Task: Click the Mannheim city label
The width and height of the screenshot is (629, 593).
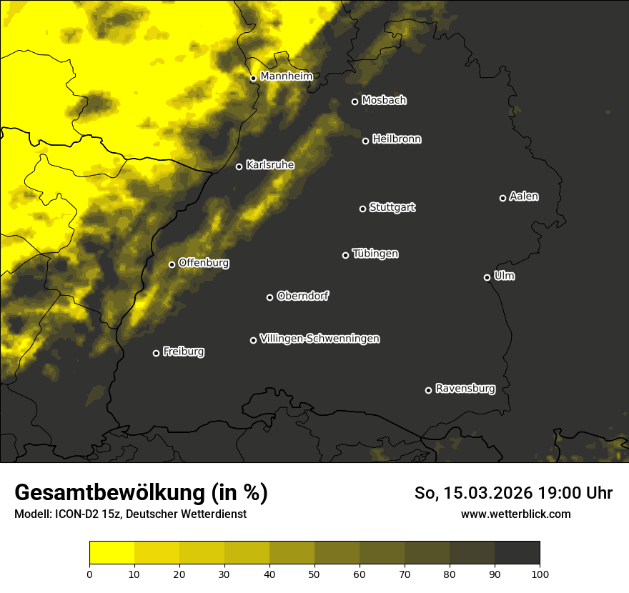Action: (286, 76)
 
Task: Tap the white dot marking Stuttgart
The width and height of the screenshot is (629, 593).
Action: (362, 209)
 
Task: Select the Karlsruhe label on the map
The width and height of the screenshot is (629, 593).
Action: (269, 165)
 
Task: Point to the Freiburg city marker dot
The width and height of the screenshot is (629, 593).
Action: (156, 353)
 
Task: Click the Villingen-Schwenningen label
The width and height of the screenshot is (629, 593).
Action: (320, 339)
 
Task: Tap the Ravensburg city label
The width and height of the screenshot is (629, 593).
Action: (465, 389)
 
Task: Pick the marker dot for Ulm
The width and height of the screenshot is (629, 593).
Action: (487, 277)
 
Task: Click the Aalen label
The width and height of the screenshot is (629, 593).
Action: (523, 196)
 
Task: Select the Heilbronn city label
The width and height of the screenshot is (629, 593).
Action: (397, 139)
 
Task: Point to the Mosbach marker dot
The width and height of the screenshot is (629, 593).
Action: (355, 101)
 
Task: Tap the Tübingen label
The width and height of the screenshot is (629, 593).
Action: (375, 254)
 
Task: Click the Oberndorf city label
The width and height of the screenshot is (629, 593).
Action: (302, 296)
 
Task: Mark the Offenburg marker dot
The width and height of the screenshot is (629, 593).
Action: (172, 264)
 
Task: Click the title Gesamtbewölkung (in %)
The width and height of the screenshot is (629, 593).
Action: (141, 493)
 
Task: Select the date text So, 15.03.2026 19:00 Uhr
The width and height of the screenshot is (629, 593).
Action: (513, 493)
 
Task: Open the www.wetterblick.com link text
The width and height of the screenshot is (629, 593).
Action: (515, 514)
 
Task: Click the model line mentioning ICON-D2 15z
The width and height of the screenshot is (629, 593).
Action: (130, 514)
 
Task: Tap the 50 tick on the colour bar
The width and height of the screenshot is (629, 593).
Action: (314, 573)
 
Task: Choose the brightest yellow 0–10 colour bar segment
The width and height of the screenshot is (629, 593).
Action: (112, 553)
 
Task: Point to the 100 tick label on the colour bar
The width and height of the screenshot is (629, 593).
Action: (540, 573)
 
